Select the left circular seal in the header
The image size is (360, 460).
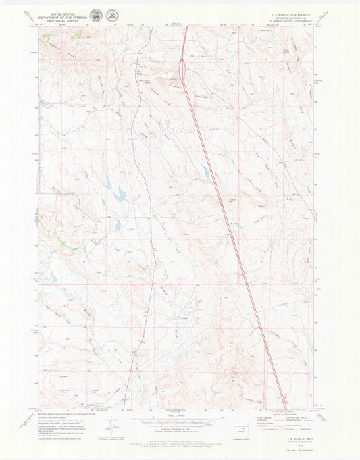tap(96, 14)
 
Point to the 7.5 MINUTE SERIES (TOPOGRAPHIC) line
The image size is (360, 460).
tap(293, 22)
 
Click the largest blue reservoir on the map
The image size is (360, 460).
tap(120, 196)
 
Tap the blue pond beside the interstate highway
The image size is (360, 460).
tap(205, 172)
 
